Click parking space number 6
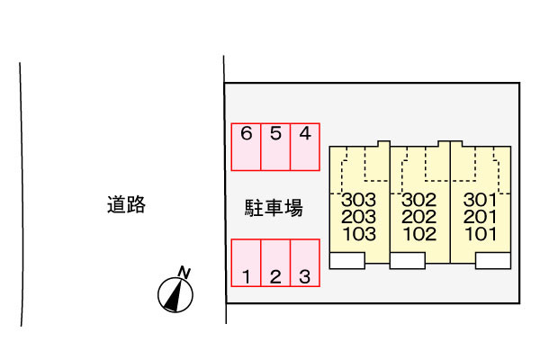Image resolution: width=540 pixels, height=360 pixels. (247, 146)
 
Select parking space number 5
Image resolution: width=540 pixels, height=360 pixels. (275, 146)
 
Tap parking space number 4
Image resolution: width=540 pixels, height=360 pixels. (305, 146)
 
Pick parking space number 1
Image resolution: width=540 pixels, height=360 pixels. (247, 263)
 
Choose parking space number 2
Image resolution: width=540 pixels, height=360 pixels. (275, 263)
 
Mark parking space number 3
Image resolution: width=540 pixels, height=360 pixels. (305, 263)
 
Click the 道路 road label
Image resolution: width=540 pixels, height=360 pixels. (124, 205)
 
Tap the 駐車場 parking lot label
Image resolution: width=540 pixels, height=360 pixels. (274, 208)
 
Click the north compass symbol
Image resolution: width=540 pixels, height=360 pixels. (175, 294)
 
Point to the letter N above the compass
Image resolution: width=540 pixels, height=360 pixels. (184, 273)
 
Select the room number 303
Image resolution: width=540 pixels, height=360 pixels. (359, 200)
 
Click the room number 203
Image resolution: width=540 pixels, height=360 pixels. (359, 217)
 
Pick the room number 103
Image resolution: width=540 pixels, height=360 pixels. (359, 234)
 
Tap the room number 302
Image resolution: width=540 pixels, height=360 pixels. (418, 200)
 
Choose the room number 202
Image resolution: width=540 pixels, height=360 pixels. (418, 217)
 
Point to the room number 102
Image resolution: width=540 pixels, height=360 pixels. (418, 234)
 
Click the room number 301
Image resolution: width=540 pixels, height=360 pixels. (480, 200)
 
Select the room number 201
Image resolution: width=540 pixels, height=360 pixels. (480, 217)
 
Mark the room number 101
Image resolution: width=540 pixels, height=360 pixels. (480, 234)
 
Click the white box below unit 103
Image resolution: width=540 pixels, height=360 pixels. (347, 260)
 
